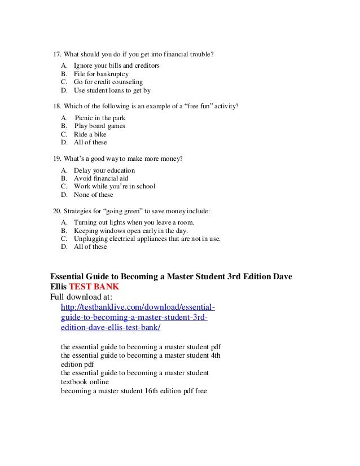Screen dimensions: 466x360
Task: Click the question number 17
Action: point(57,55)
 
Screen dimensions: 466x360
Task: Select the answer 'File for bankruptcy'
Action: point(101,74)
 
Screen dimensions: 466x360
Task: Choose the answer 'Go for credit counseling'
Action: point(108,82)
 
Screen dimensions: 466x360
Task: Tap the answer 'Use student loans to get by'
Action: point(112,90)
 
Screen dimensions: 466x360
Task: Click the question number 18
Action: point(56,106)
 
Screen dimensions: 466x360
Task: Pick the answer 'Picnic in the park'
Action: point(100,118)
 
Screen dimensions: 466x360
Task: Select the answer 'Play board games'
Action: point(100,126)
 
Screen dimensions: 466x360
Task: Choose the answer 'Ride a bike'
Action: point(90,134)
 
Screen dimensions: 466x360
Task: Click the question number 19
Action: point(56,159)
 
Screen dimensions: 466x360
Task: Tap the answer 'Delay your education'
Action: point(104,170)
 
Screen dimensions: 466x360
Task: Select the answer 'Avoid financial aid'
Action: point(101,178)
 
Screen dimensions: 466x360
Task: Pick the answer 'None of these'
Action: point(93,195)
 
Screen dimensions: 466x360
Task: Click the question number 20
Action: point(56,211)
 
